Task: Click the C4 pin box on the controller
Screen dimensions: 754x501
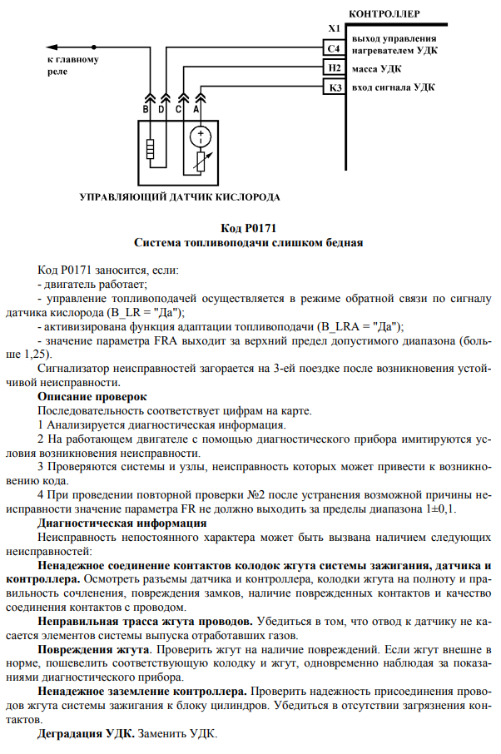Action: [335, 50]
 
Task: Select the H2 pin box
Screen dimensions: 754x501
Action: [335, 69]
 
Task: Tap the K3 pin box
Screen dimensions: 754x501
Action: [335, 88]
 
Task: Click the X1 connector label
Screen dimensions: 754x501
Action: [335, 30]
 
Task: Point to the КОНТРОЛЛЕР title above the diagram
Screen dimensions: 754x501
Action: [384, 14]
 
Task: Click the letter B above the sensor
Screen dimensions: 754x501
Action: [145, 108]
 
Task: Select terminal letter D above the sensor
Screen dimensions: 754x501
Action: [162, 108]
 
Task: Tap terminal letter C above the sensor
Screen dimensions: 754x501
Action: [179, 108]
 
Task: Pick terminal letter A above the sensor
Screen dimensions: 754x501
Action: [196, 108]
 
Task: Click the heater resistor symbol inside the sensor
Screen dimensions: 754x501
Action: [150, 150]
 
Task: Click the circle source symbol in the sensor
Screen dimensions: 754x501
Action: [201, 136]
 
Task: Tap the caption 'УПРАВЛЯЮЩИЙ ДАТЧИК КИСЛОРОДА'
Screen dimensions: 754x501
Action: [179, 197]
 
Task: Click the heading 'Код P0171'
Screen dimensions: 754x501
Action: [249, 228]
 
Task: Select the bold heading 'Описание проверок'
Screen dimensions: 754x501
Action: [92, 396]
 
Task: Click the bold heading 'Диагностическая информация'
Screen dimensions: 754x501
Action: [122, 523]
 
